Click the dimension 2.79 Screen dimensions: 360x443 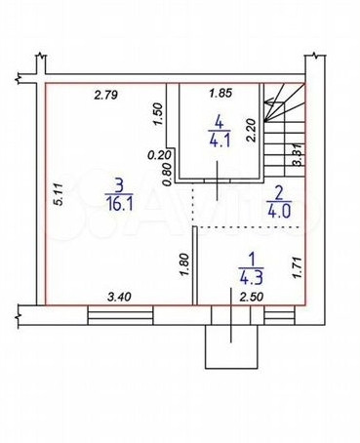tap(105, 96)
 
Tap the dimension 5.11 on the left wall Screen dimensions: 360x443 tap(59, 194)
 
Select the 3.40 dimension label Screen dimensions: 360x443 tap(119, 297)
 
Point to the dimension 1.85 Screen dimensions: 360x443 tap(220, 94)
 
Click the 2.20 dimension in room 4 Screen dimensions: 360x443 tap(251, 130)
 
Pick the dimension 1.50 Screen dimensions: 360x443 tap(157, 114)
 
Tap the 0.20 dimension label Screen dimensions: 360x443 tap(159, 155)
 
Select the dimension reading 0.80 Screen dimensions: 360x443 tap(167, 175)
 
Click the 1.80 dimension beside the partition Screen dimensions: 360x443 tap(184, 264)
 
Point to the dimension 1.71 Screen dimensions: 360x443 tap(300, 267)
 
